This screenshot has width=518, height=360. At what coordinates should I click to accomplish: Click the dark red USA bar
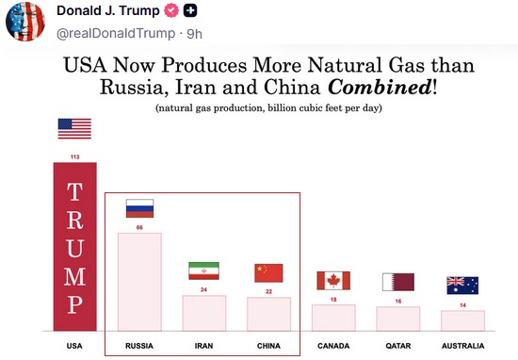(x=75, y=247)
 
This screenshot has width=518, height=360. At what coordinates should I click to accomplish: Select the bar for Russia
(x=139, y=282)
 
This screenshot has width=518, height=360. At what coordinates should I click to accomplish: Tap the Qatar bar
(x=398, y=319)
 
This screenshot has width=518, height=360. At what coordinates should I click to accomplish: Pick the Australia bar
(x=462, y=320)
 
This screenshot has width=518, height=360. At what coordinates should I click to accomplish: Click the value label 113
(x=75, y=156)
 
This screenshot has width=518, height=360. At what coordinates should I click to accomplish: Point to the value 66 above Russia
(x=139, y=227)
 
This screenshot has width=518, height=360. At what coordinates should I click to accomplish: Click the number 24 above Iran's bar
(x=203, y=289)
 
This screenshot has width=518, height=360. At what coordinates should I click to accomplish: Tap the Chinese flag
(x=268, y=273)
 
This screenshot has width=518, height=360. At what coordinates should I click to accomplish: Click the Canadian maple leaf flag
(x=333, y=281)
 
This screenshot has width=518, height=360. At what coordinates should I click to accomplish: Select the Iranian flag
(x=203, y=270)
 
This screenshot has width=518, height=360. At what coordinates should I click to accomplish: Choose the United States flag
(x=74, y=128)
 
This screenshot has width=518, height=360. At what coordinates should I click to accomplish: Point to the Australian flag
(x=462, y=286)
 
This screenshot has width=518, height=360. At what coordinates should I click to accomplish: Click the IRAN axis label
(x=203, y=346)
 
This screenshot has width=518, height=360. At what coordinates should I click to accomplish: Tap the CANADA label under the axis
(x=333, y=346)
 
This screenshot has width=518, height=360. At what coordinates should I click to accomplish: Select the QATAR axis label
(x=398, y=346)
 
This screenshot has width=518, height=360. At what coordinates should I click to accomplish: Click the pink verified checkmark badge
(x=171, y=10)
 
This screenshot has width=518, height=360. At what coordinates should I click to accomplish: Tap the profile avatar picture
(x=25, y=22)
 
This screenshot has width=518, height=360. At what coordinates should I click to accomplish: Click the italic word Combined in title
(x=380, y=88)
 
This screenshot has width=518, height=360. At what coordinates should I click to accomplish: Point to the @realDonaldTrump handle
(x=116, y=34)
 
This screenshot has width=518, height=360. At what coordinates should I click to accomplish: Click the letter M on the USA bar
(x=75, y=276)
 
